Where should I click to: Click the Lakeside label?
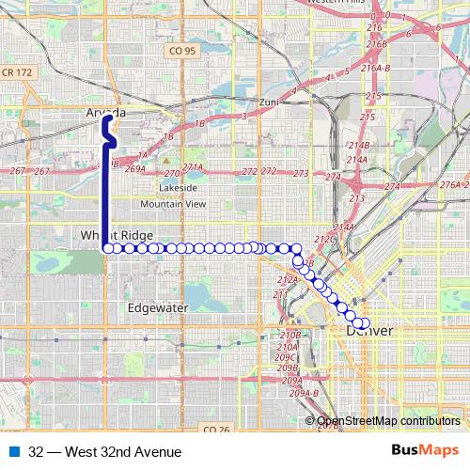point(179,187)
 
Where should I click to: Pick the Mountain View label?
point(173,203)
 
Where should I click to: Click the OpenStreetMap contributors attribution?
point(388,421)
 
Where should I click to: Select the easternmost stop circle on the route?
point(366,324)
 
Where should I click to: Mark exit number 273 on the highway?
point(302,174)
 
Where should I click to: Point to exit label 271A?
point(193,166)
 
